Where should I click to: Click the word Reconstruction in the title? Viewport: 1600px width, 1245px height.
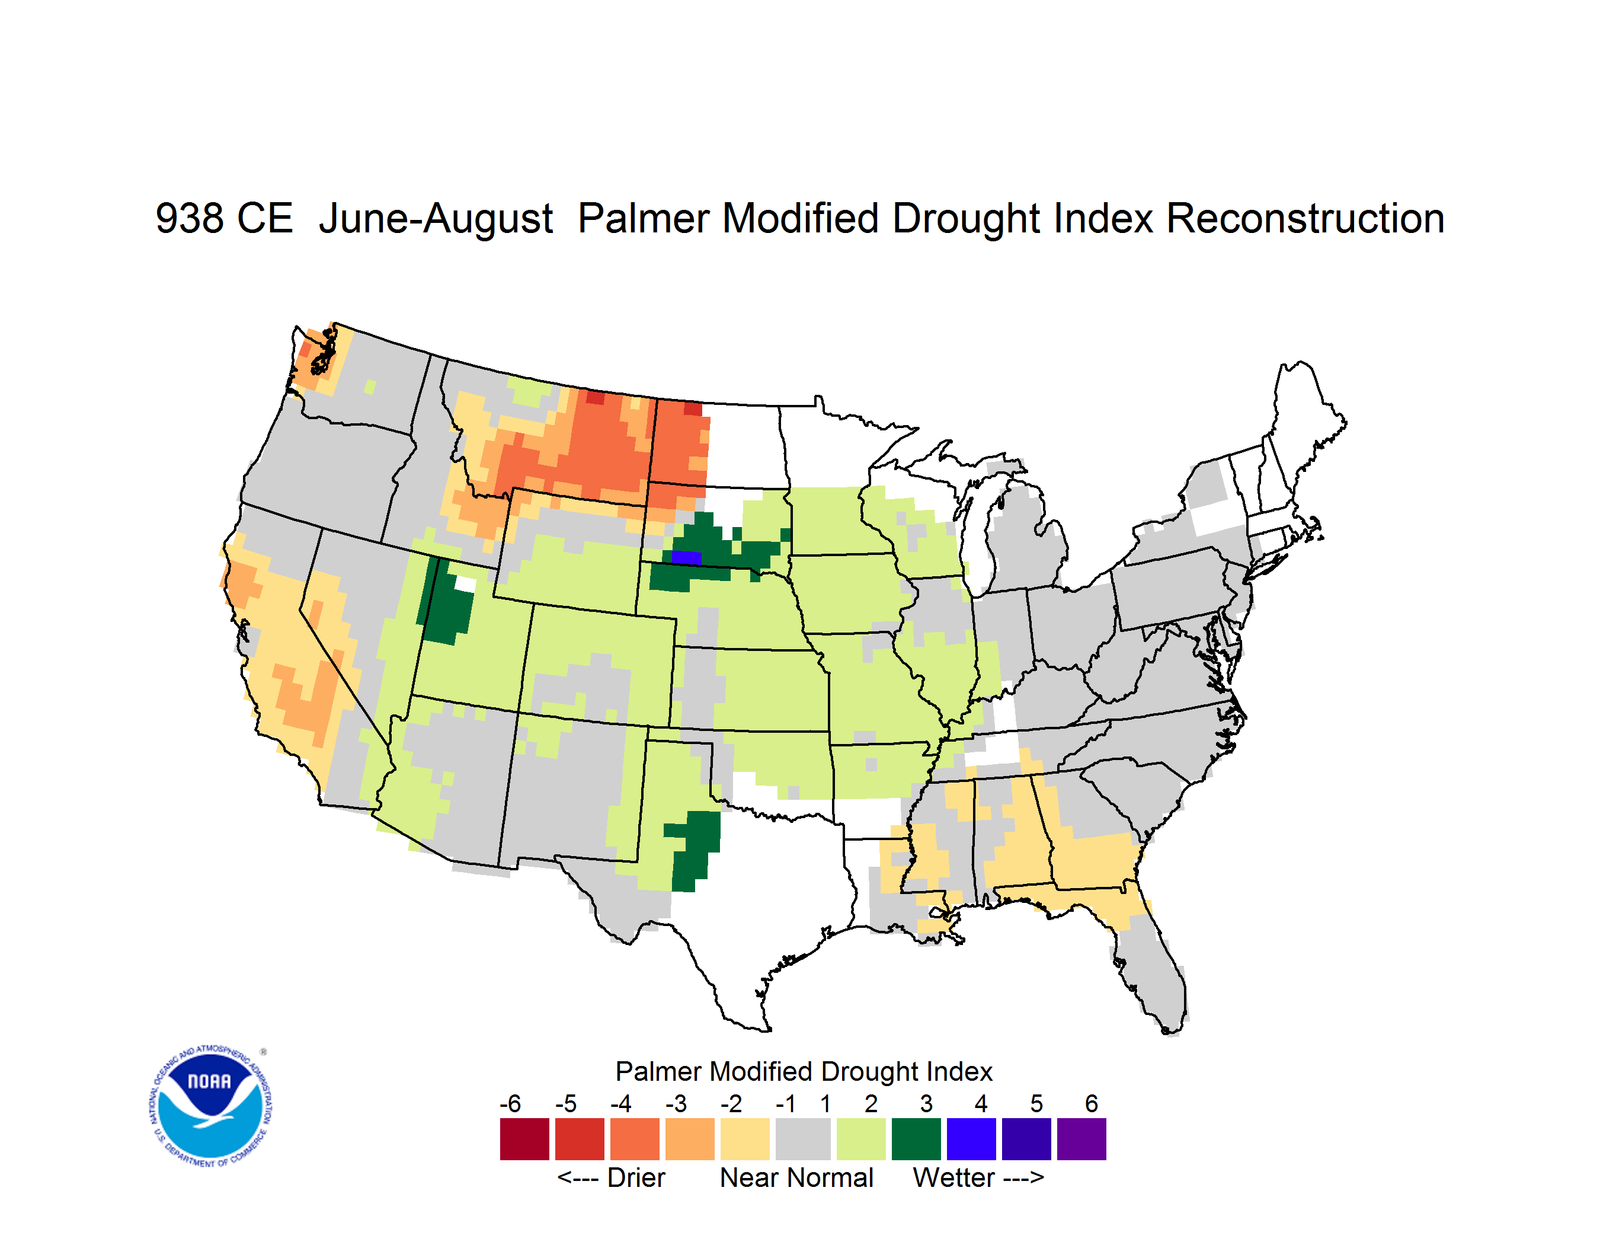click(x=1305, y=218)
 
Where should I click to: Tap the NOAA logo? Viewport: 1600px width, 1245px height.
click(x=210, y=1106)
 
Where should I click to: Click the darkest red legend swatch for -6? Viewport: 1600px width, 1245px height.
click(x=524, y=1139)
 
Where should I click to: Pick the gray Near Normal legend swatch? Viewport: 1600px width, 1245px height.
click(x=803, y=1139)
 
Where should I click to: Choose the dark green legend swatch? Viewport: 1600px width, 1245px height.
click(x=916, y=1139)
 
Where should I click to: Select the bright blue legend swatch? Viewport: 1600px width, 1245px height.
click(x=971, y=1139)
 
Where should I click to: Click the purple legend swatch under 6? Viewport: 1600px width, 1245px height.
click(x=1081, y=1139)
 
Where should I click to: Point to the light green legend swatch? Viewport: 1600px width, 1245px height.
click(x=861, y=1139)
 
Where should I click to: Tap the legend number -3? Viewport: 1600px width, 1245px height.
click(x=676, y=1103)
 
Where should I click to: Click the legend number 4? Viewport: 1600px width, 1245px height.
click(x=981, y=1103)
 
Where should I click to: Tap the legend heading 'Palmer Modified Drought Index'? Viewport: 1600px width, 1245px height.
click(x=804, y=1071)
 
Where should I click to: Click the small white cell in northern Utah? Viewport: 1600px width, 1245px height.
click(x=466, y=584)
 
